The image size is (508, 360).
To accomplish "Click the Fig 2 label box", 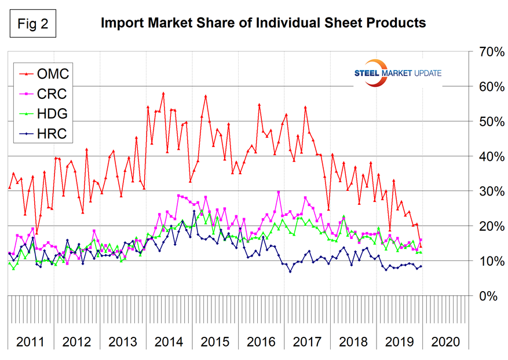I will (34, 23).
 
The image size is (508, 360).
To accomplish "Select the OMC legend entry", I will (44, 74).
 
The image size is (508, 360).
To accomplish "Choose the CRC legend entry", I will (44, 94).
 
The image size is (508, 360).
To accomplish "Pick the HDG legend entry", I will (44, 115).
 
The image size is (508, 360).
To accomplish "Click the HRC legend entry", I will (44, 135).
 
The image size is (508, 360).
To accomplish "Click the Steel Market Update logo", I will (397, 74).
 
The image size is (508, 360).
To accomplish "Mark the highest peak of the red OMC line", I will (163, 93).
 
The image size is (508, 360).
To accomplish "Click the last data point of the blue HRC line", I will (421, 266).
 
